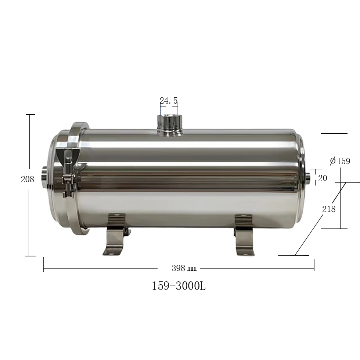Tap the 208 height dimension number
tap(28, 179)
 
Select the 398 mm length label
tap(184, 268)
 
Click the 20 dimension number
tap(323, 178)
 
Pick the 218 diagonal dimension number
tap(329, 209)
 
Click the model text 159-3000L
tap(179, 286)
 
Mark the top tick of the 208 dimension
tap(30, 115)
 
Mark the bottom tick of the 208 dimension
tap(30, 256)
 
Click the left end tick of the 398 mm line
tap(44, 264)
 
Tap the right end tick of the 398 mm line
tap(314, 264)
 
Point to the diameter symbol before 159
tap(332, 161)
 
